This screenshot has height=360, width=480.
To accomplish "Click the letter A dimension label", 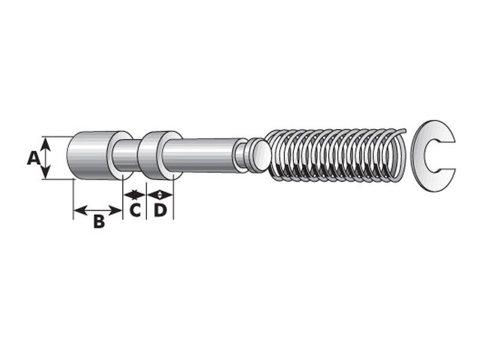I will tap(34, 158).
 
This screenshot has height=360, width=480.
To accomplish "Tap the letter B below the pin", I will tap(98, 222).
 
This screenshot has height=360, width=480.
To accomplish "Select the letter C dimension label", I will tap(135, 211).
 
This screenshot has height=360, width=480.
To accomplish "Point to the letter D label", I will tap(160, 211).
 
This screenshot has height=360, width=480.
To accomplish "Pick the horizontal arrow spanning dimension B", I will tap(98, 211).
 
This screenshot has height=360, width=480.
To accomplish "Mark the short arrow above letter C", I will tap(134, 194).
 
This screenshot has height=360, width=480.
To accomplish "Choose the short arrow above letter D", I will tap(160, 194).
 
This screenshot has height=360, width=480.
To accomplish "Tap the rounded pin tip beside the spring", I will tap(259, 154).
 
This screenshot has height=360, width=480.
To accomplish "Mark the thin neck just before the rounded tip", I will tap(241, 154).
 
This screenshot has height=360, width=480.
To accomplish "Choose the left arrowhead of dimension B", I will tap(77, 211).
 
